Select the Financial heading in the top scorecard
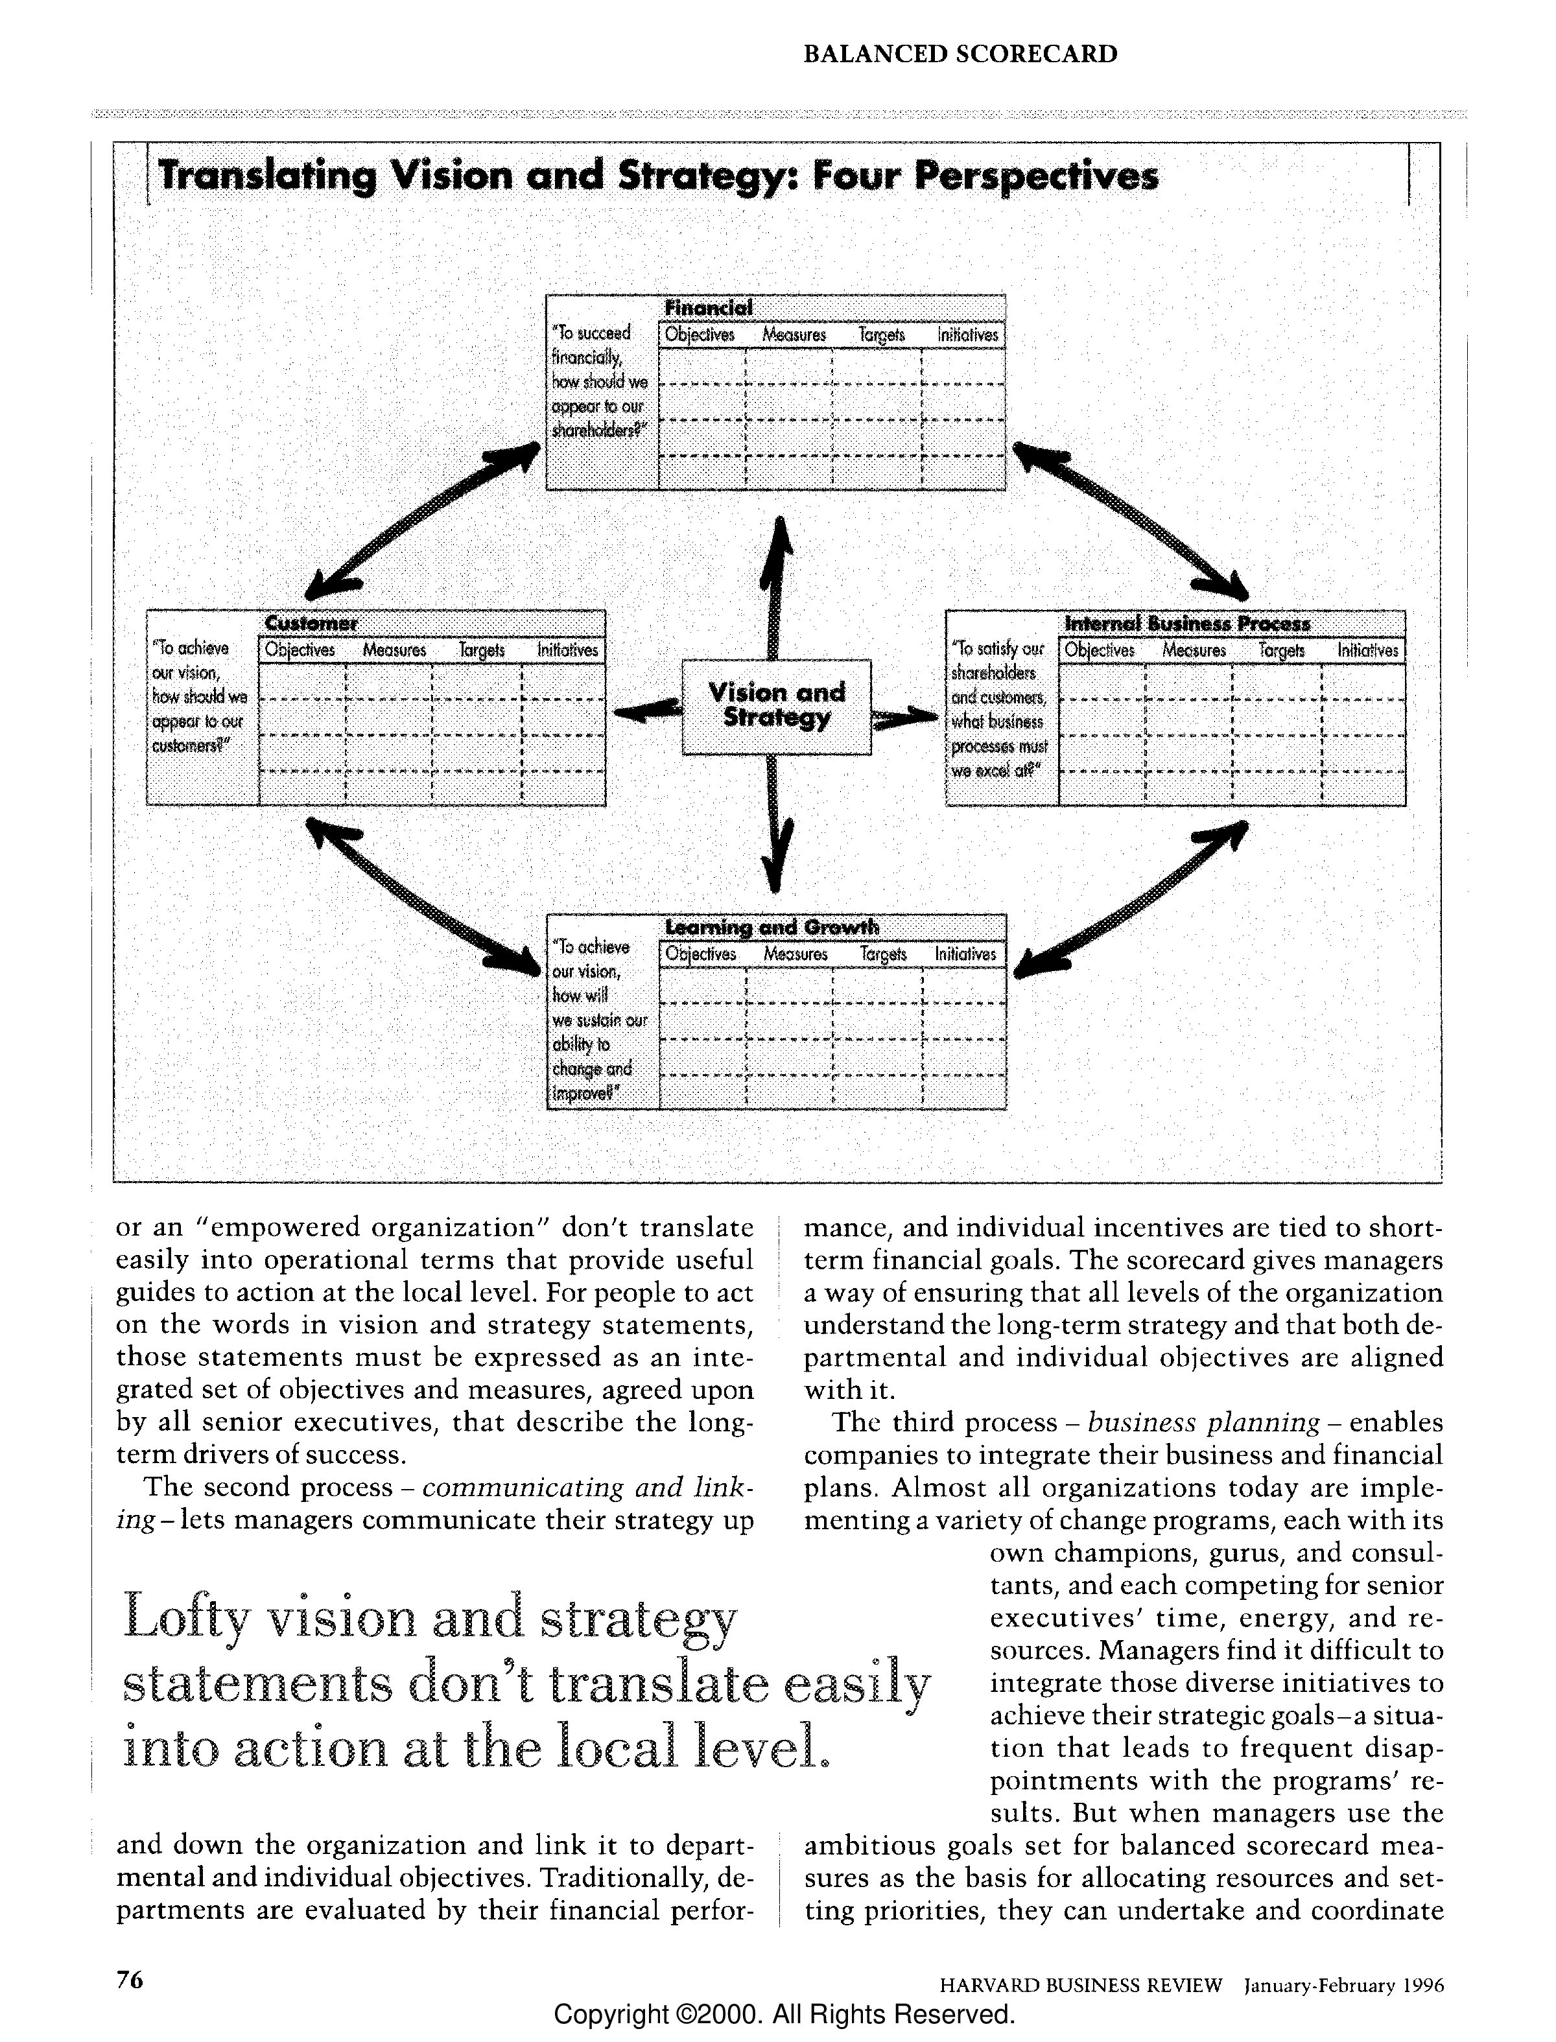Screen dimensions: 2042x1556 [x=709, y=307]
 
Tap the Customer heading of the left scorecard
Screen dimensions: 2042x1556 [x=311, y=622]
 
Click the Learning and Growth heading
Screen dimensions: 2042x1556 [x=772, y=927]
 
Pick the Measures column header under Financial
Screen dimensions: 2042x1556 [x=794, y=335]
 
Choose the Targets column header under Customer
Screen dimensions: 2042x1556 [x=482, y=650]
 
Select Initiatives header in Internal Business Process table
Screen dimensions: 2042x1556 [x=1367, y=650]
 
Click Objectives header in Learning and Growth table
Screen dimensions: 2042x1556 [x=701, y=954]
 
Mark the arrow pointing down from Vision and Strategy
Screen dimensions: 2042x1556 [x=776, y=824]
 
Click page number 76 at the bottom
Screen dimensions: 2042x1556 [x=130, y=1979]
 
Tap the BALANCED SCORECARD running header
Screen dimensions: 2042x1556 [x=960, y=54]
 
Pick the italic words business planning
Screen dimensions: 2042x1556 [x=1203, y=1422]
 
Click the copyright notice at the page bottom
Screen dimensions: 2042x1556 [x=784, y=2014]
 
